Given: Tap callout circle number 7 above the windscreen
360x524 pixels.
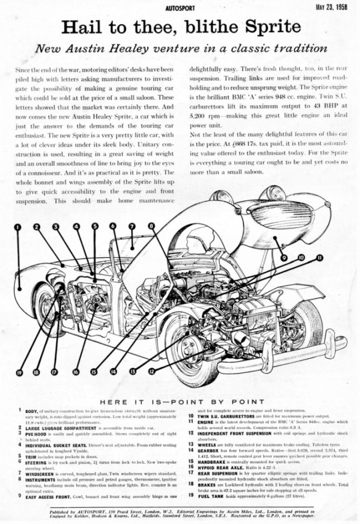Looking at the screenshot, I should (132, 227).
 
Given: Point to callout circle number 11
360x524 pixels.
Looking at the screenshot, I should (320, 258).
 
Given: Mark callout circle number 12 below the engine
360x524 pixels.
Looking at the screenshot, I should (152, 371).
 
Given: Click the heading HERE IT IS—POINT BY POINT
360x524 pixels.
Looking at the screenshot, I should (179, 402).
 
